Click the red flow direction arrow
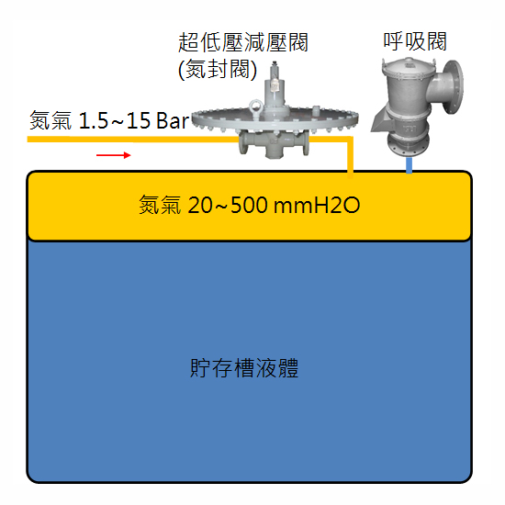[113, 155]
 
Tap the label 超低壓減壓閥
[243, 42]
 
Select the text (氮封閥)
[218, 69]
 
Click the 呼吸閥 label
[415, 41]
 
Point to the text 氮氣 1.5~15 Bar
[109, 120]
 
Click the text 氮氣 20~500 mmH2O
[249, 205]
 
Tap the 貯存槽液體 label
[244, 368]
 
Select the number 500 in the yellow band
[249, 205]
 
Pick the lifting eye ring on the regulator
[256, 106]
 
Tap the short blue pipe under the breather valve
[409, 165]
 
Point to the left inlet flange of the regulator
[242, 143]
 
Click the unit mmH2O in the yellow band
[317, 205]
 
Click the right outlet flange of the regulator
[306, 143]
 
